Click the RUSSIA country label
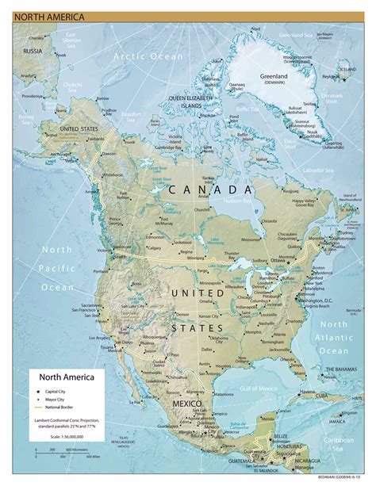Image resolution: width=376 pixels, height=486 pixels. pos(33,52)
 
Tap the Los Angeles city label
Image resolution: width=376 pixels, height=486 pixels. pos(105,338)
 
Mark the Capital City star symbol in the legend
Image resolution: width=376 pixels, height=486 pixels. pos(37,392)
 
